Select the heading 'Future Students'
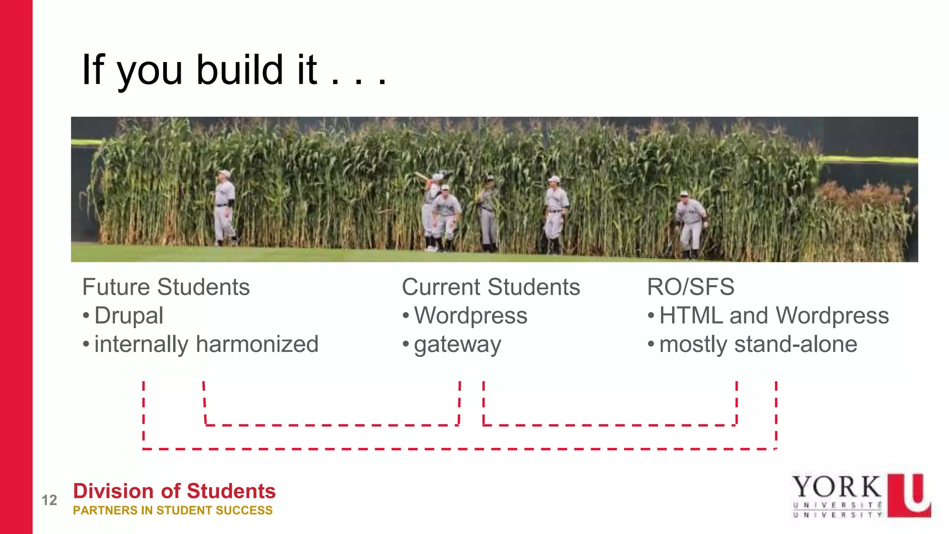[166, 287]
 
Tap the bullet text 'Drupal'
[129, 316]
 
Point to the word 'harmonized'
[257, 344]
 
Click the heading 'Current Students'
[491, 287]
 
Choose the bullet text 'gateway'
[457, 345]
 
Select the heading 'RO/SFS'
[690, 287]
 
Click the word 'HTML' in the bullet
[690, 316]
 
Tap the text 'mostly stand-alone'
[758, 344]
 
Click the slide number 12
[49, 500]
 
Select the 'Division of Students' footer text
[174, 491]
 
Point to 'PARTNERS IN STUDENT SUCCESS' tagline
[173, 510]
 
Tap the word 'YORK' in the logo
[837, 487]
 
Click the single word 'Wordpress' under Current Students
[470, 316]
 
